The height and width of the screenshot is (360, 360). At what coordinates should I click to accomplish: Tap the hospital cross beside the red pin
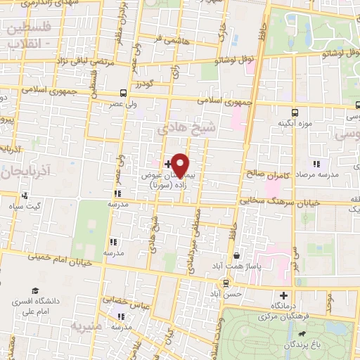coord(167,164)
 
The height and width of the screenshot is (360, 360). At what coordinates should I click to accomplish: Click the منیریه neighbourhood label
coord(86,327)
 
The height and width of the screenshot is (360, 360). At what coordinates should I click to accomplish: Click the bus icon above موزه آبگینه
coord(295,111)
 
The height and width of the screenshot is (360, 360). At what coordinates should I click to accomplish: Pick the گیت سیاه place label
coord(25,207)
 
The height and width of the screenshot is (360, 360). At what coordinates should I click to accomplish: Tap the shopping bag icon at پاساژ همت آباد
coord(238,255)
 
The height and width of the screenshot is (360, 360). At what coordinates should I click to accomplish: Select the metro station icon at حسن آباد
coord(225,283)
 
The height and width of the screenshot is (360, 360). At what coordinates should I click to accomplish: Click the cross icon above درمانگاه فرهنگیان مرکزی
coord(283,295)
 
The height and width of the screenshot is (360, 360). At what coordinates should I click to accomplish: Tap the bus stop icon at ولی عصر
coord(124,93)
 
